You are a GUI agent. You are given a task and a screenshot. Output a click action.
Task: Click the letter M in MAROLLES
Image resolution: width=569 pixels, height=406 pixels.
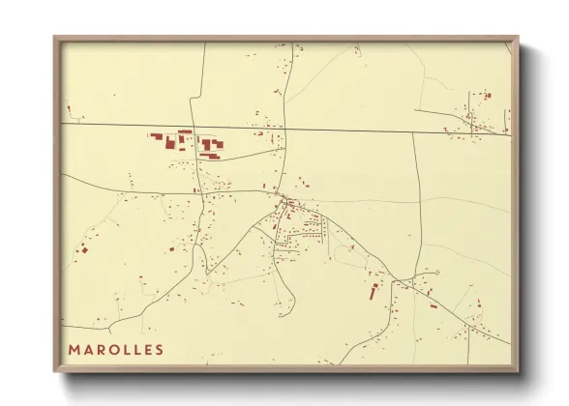(x=74, y=349)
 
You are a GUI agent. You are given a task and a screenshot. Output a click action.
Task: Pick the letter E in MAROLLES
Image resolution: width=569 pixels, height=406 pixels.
(x=146, y=349)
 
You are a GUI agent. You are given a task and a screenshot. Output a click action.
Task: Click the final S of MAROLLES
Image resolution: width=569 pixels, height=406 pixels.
(x=159, y=349)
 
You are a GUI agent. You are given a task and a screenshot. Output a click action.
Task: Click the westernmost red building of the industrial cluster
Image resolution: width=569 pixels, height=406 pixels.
(x=152, y=136)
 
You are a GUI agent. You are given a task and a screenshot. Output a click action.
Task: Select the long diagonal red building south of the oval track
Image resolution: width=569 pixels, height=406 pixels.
(x=371, y=292)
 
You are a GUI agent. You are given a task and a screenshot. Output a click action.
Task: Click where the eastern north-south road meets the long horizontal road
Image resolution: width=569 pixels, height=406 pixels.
(x=414, y=132)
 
